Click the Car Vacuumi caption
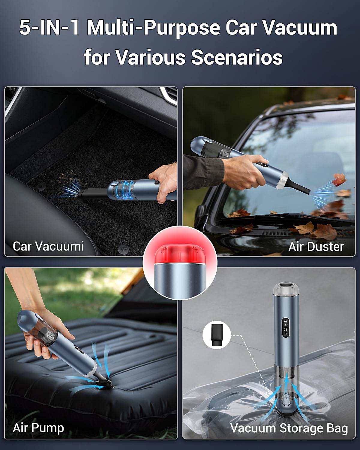tap(48, 246)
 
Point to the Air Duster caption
tap(316, 247)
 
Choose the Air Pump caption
tap(38, 427)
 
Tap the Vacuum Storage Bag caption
tap(289, 428)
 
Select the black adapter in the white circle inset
tap(217, 335)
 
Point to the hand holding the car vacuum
tap(163, 183)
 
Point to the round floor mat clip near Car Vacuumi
tap(123, 249)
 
